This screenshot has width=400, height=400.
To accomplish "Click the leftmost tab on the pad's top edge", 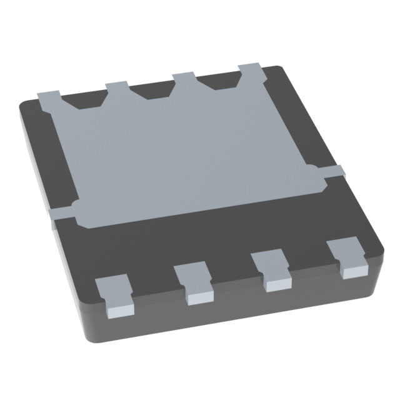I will click(x=50, y=98).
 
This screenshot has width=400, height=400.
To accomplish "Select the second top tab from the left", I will click(x=116, y=87).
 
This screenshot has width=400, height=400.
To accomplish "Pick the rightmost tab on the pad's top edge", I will click(x=251, y=71).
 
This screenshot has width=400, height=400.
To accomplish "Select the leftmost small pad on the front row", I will click(x=112, y=292).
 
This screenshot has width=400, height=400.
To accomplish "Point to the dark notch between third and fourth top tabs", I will click(x=219, y=82).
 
